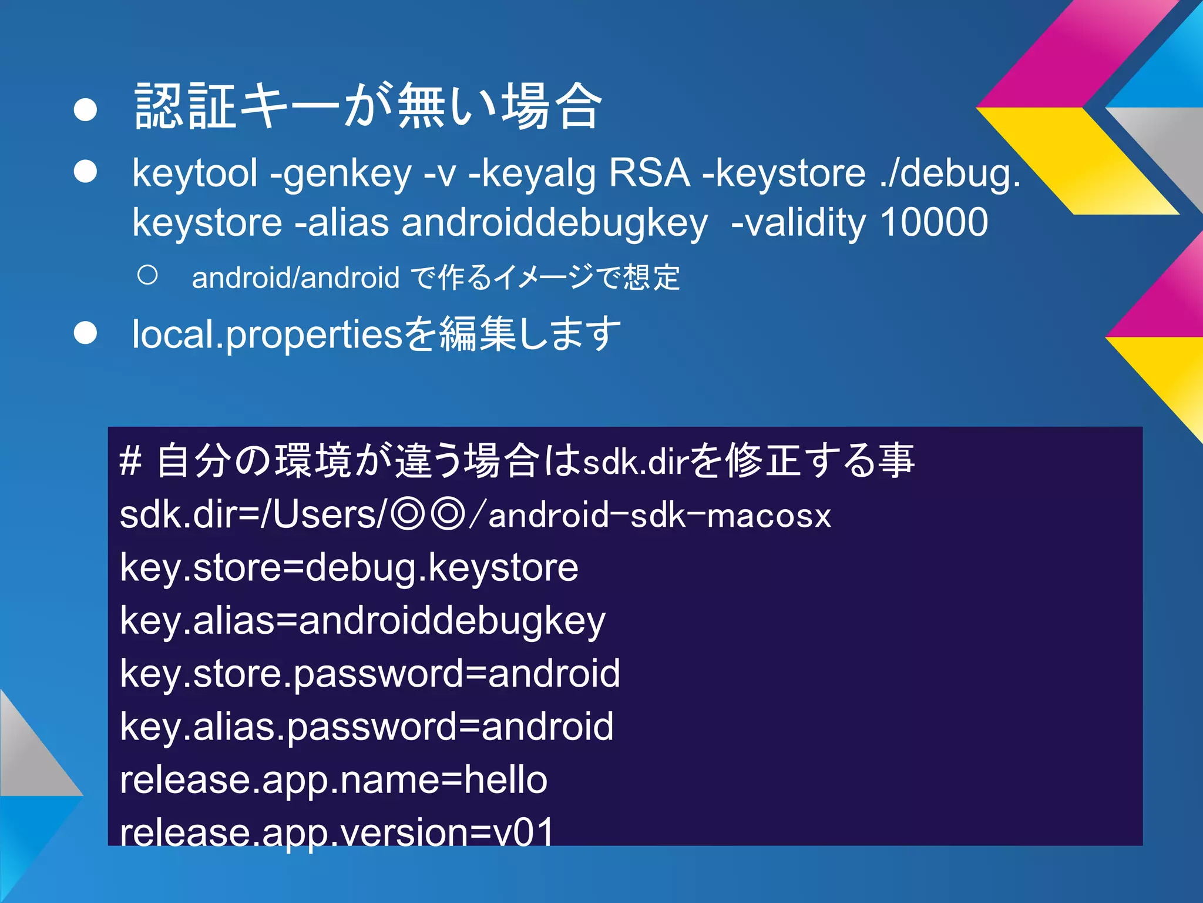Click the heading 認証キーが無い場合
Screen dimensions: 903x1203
pyautogui.click(x=368, y=106)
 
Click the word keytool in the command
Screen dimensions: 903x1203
pyautogui.click(x=194, y=174)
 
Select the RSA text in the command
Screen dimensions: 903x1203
pyautogui.click(x=649, y=174)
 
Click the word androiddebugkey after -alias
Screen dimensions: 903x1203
pyautogui.click(x=555, y=223)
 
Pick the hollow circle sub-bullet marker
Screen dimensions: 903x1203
pyautogui.click(x=147, y=275)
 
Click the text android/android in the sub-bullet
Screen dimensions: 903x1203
pyautogui.click(x=295, y=278)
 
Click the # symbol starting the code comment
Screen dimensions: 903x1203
pyautogui.click(x=130, y=461)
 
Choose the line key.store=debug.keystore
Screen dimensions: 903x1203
pyautogui.click(x=349, y=568)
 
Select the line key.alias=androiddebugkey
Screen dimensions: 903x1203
pyautogui.click(x=362, y=621)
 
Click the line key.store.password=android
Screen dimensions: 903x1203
pyautogui.click(x=370, y=674)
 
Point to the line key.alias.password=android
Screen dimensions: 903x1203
pyautogui.click(x=367, y=727)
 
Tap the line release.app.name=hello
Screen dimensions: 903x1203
pyautogui.click(x=334, y=780)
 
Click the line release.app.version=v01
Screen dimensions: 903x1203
pyautogui.click(x=337, y=832)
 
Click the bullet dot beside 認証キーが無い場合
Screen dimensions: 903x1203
pyautogui.click(x=86, y=110)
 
